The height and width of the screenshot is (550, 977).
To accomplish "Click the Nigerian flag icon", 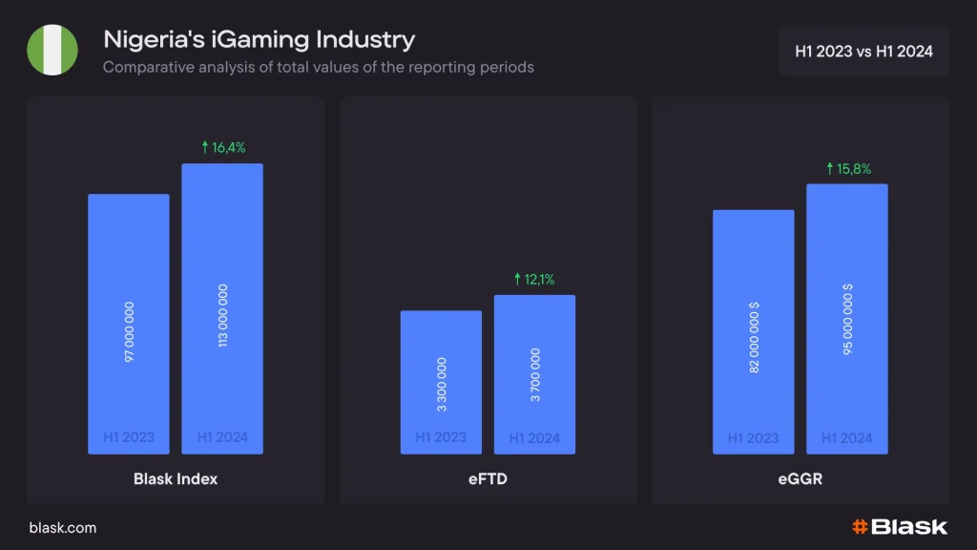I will pyautogui.click(x=52, y=50).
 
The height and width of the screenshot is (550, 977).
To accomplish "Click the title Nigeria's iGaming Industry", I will pyautogui.click(x=259, y=40).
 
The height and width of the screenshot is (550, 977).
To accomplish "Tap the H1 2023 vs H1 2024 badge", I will pyautogui.click(x=863, y=51).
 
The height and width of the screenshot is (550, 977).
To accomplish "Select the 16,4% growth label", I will pyautogui.click(x=223, y=147).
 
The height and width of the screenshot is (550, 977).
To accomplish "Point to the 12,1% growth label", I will pyautogui.click(x=534, y=280).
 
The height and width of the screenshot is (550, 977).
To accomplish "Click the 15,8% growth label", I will pyautogui.click(x=847, y=168).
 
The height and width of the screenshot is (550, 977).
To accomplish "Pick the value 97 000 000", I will pyautogui.click(x=130, y=330).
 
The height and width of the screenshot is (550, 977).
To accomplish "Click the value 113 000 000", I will pyautogui.click(x=223, y=315).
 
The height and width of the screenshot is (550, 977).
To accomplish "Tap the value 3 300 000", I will pyautogui.click(x=441, y=385).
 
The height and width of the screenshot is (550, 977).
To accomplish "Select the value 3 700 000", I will pyautogui.click(x=535, y=375).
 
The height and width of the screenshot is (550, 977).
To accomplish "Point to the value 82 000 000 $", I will pyautogui.click(x=754, y=337).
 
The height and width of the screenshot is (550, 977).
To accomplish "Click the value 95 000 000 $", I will pyautogui.click(x=847, y=320).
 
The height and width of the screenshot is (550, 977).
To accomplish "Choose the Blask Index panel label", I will pyautogui.click(x=176, y=478).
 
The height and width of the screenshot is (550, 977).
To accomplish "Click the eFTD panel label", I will pyautogui.click(x=488, y=478).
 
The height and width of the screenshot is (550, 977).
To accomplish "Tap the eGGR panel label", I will pyautogui.click(x=800, y=478).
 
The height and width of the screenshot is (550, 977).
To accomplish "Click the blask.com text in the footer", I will pyautogui.click(x=63, y=527).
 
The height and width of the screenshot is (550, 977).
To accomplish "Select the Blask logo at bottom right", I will pyautogui.click(x=899, y=526).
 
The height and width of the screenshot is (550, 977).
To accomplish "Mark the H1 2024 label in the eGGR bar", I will pyautogui.click(x=847, y=438).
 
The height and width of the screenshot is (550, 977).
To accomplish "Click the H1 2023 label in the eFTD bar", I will pyautogui.click(x=441, y=437).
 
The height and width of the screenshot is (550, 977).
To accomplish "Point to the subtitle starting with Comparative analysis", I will pyautogui.click(x=318, y=68).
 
